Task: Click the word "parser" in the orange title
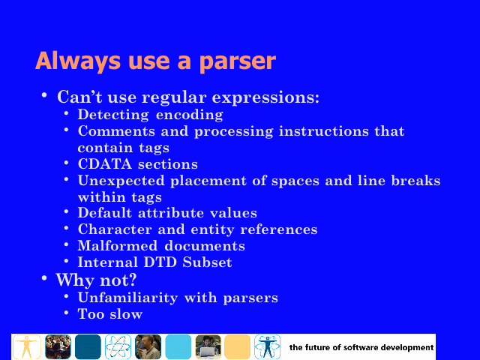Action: pyautogui.click(x=238, y=62)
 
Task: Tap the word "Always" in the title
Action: pyautogui.click(x=78, y=61)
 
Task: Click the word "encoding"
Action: pyautogui.click(x=190, y=115)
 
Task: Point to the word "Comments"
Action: pyautogui.click(x=116, y=131)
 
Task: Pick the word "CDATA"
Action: pyautogui.click(x=105, y=163)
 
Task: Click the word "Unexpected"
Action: pyautogui.click(x=121, y=181)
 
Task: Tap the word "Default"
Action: pyautogui.click(x=105, y=213)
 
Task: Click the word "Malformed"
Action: pyautogui.click(x=118, y=246)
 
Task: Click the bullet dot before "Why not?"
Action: pyautogui.click(x=44, y=278)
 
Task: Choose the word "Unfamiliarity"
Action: pyautogui.click(x=127, y=298)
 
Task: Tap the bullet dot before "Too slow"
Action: pyautogui.click(x=67, y=313)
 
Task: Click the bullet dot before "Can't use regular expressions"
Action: pyautogui.click(x=44, y=95)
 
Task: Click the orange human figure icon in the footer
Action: pyautogui.click(x=27, y=346)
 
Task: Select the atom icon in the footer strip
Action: pyautogui.click(x=118, y=346)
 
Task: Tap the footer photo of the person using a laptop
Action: pyautogui.click(x=208, y=346)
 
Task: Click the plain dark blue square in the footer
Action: pyautogui.click(x=88, y=346)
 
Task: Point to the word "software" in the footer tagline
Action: pyautogui.click(x=361, y=348)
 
